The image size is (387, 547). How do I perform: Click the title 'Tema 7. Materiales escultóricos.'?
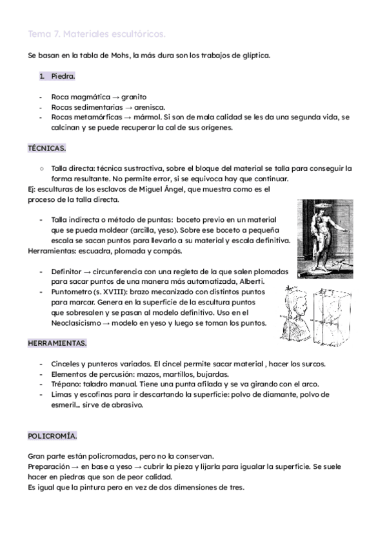point(97,33)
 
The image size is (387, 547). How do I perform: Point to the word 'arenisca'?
point(149,107)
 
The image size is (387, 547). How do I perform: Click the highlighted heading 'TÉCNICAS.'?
point(46,148)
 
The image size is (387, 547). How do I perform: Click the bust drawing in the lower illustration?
point(298,314)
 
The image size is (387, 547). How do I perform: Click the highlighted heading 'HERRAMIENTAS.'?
point(57,343)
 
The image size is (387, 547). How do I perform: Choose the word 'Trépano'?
point(65,384)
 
